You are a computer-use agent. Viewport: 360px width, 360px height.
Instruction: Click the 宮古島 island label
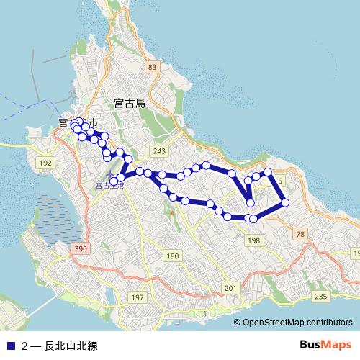point(130,104)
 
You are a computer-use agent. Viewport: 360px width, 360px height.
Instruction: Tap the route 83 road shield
point(151,67)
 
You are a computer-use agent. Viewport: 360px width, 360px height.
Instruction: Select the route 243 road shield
point(159,150)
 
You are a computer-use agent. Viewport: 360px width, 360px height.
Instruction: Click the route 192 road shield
point(45,163)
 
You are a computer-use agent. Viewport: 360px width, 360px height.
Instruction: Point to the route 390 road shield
point(80,248)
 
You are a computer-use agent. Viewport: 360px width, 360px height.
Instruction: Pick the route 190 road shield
point(172,256)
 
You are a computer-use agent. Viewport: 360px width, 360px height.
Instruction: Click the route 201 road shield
point(230,288)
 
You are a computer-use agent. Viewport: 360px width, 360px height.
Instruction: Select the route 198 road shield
point(253,240)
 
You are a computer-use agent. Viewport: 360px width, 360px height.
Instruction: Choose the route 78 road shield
point(300,235)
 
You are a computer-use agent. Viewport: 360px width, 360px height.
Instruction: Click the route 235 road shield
point(321,296)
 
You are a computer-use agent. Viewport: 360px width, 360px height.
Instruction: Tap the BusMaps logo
point(325,344)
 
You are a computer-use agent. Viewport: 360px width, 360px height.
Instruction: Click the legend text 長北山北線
point(71,346)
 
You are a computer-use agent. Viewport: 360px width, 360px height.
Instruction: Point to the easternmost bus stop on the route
point(285,203)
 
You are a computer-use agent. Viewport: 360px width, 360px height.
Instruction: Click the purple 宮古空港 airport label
point(109,185)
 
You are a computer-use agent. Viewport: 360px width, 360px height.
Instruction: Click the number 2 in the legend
point(24,346)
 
